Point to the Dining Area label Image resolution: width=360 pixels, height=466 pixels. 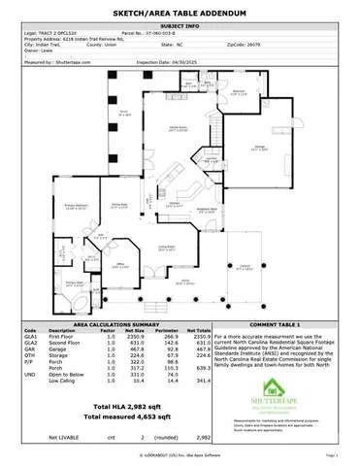click(118, 205)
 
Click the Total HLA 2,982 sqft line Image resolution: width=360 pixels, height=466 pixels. click(122, 404)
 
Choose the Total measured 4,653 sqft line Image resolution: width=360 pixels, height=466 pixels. click(122, 416)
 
